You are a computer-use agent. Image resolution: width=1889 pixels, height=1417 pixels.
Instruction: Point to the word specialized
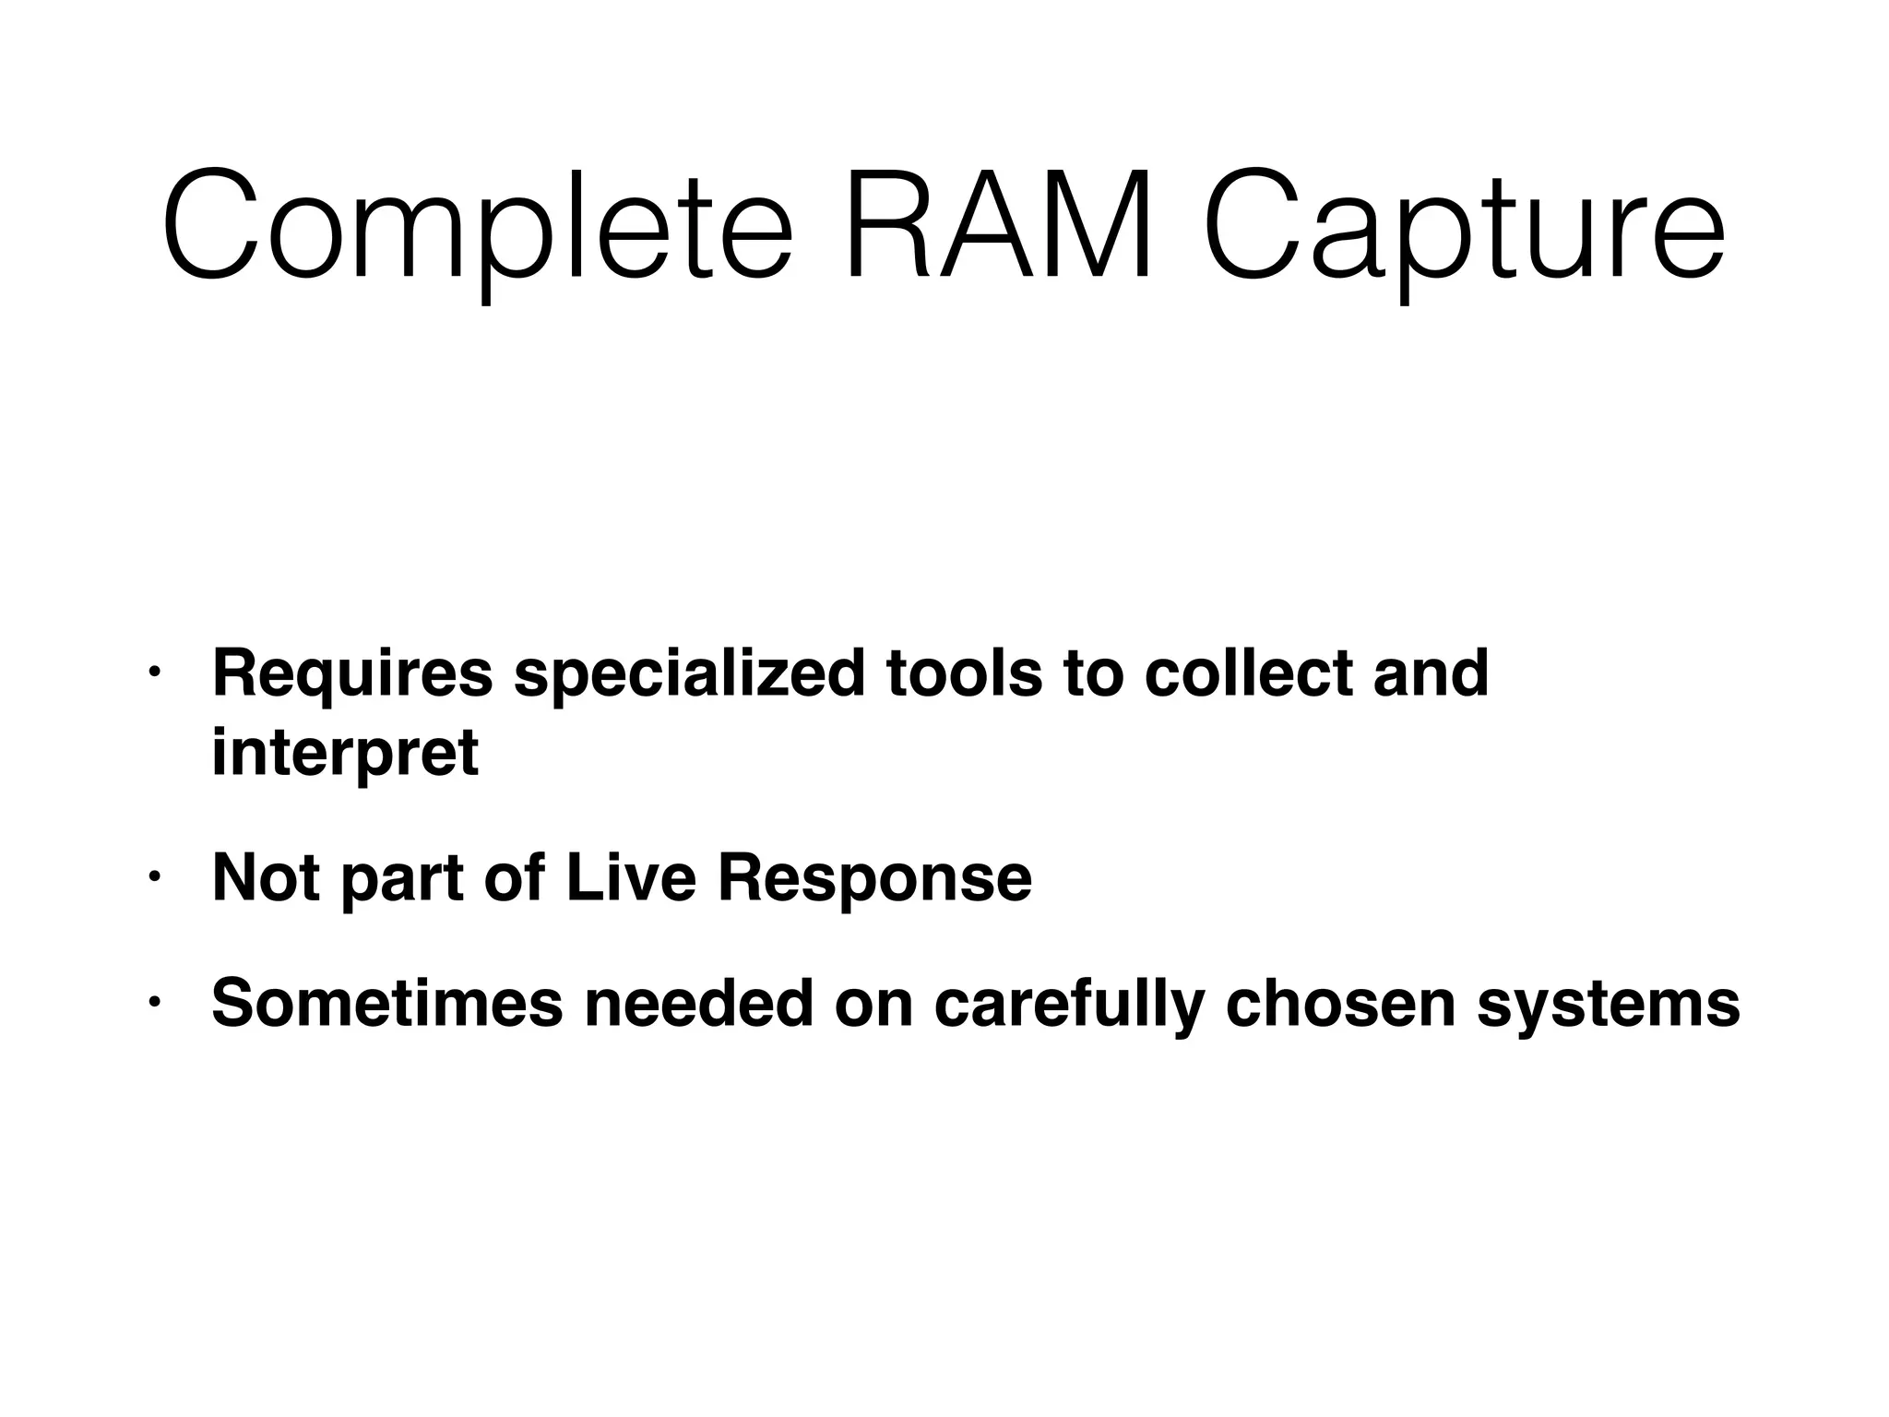point(689,675)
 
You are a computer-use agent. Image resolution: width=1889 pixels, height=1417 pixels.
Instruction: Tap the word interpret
point(345,754)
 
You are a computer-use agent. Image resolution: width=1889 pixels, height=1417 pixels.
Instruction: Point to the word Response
point(874,879)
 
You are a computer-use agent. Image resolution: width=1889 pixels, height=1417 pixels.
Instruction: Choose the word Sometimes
point(387,1003)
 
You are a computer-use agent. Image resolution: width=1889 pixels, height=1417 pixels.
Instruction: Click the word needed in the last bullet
point(700,1003)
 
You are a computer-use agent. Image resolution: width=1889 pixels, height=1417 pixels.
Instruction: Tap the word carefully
point(1069,1005)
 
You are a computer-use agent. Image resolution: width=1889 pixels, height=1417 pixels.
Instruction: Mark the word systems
point(1609,1005)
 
